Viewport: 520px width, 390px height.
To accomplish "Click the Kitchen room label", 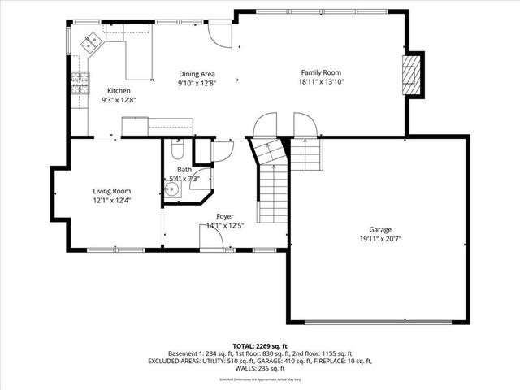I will (x=118, y=90).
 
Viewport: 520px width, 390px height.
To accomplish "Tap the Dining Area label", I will (x=197, y=74).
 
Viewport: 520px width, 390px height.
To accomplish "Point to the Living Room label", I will (x=111, y=191).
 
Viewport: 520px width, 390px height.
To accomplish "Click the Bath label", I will (x=184, y=170).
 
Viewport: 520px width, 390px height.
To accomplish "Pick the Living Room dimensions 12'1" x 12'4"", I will (x=111, y=200).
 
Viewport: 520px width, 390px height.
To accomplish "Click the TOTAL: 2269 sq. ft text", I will (x=260, y=345).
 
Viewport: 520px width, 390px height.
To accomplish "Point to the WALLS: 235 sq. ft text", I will (x=260, y=367).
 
